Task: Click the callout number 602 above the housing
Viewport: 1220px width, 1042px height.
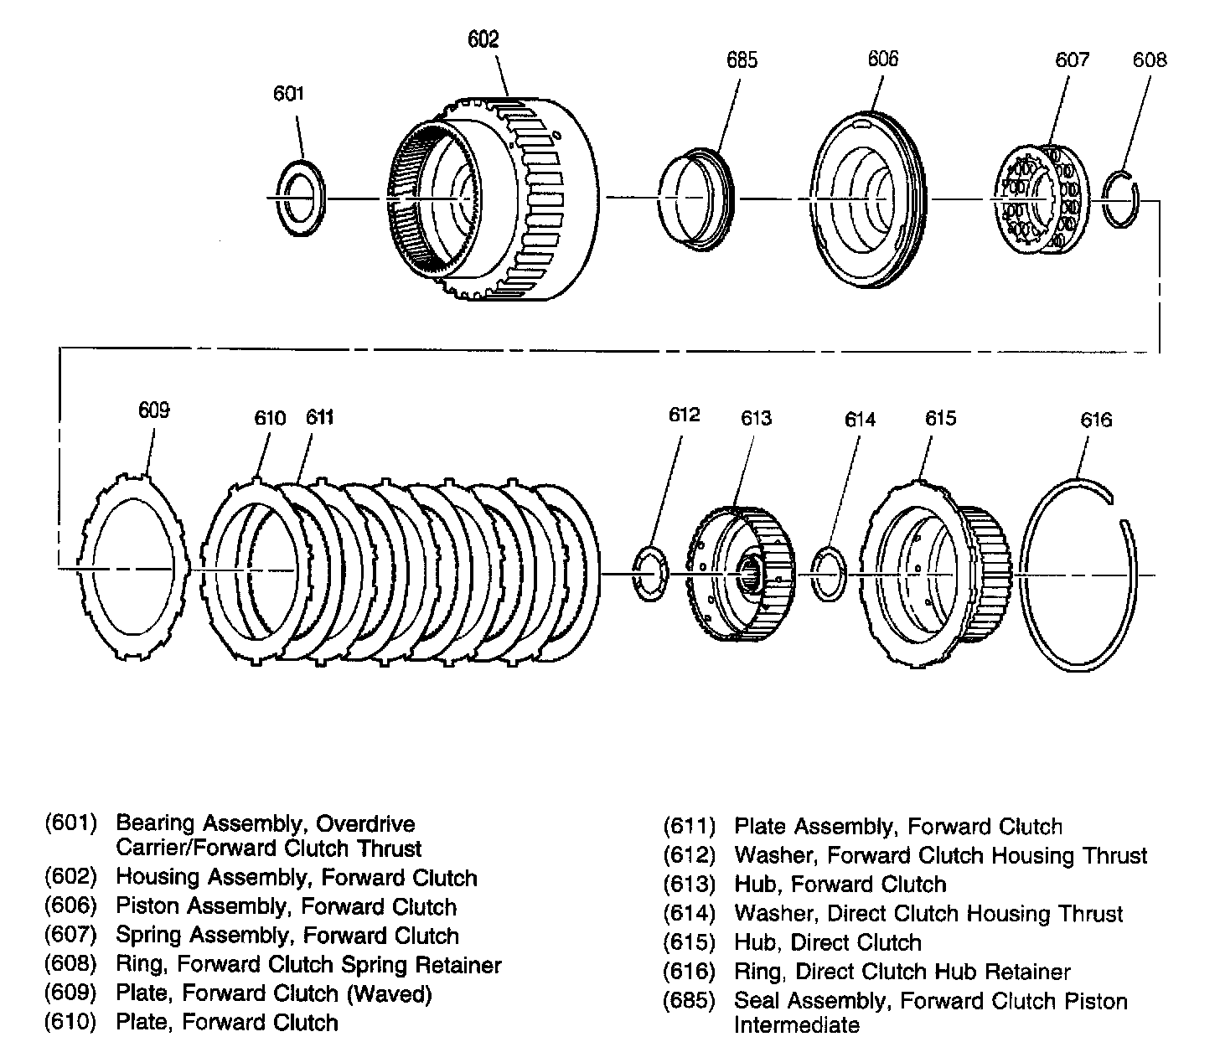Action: pyautogui.click(x=483, y=39)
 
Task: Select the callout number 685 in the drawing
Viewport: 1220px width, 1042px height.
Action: pyautogui.click(x=742, y=59)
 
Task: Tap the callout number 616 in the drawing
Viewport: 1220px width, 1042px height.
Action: pyautogui.click(x=1096, y=420)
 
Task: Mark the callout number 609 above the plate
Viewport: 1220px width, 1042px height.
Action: pyautogui.click(x=154, y=410)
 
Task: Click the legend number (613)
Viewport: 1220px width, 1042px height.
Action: pyautogui.click(x=689, y=885)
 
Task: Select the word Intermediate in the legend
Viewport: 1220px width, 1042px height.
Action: pyautogui.click(x=797, y=1025)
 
